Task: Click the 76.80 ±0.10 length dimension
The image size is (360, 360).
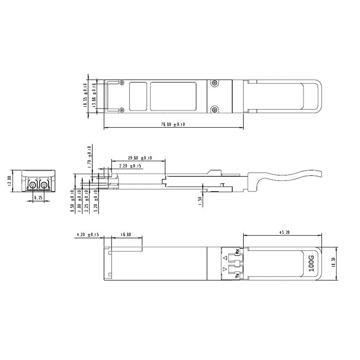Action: (173, 125)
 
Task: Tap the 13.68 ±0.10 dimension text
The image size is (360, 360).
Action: (94, 95)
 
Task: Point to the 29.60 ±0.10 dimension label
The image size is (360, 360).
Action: (139, 158)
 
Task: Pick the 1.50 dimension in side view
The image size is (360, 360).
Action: (200, 201)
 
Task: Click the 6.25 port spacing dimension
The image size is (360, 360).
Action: (38, 198)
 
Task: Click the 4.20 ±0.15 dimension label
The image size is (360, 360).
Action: (88, 234)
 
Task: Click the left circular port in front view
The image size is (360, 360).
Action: (33, 184)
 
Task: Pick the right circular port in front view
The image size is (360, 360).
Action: (44, 184)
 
